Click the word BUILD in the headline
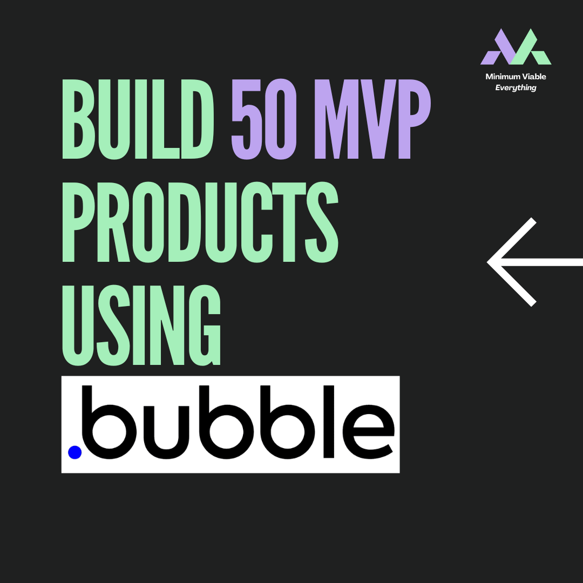click(x=138, y=119)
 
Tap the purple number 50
click(x=264, y=119)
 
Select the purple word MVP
click(x=372, y=119)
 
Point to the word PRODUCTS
click(x=200, y=222)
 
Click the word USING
click(x=141, y=326)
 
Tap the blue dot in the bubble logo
click(x=74, y=452)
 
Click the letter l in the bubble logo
click(x=329, y=422)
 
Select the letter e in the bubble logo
click(x=368, y=432)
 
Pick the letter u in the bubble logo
click(x=166, y=432)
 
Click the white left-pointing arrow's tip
click(x=487, y=262)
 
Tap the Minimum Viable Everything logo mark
click(x=516, y=46)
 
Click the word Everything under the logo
click(x=516, y=88)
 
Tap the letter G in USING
click(x=205, y=326)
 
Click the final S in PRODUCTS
click(x=322, y=222)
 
